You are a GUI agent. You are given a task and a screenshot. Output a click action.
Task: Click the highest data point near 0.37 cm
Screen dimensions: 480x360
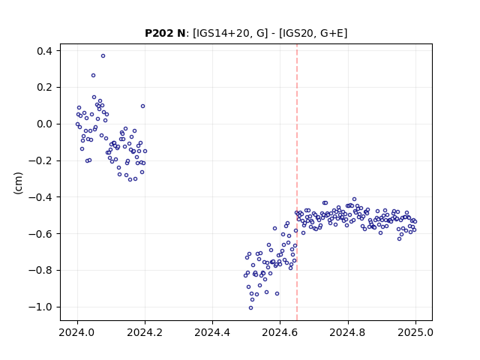(x=103, y=56)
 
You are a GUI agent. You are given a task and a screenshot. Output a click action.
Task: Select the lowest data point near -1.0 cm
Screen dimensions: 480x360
(x=250, y=308)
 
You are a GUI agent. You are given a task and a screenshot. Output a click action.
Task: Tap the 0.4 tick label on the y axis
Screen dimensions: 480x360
(x=44, y=51)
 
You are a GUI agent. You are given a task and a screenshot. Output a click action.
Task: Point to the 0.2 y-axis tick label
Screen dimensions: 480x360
(x=44, y=88)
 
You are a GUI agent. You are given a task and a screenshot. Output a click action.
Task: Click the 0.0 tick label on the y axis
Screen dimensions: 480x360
(x=44, y=124)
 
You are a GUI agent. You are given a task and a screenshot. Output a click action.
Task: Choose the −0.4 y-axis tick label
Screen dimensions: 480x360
(x=40, y=197)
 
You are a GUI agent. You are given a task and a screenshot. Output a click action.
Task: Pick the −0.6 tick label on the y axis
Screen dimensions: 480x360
(x=40, y=234)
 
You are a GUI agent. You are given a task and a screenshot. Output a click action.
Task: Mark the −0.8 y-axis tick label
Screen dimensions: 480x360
(x=40, y=270)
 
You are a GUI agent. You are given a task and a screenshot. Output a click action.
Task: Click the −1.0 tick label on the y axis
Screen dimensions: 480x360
(x=40, y=307)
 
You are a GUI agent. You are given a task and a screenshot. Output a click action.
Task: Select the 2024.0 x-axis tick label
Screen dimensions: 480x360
(x=77, y=332)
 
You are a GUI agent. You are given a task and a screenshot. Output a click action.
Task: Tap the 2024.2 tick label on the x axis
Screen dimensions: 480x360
(x=145, y=332)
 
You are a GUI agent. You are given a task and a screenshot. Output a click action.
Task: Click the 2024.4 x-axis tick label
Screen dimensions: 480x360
(x=212, y=332)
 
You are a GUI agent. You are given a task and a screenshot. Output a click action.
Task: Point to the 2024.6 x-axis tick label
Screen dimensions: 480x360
(x=280, y=332)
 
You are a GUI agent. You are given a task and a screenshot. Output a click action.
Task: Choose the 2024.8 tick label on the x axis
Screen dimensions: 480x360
(x=348, y=332)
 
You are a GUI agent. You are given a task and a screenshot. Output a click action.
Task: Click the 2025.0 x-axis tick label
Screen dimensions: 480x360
(x=415, y=332)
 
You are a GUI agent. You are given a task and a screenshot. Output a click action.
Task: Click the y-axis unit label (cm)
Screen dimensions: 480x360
(x=18, y=183)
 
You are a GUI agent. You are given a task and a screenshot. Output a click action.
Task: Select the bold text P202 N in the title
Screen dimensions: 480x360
(x=165, y=33)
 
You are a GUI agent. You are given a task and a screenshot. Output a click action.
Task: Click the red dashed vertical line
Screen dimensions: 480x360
(x=297, y=182)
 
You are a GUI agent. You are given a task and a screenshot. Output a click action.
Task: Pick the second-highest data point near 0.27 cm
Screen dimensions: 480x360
(x=93, y=76)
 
